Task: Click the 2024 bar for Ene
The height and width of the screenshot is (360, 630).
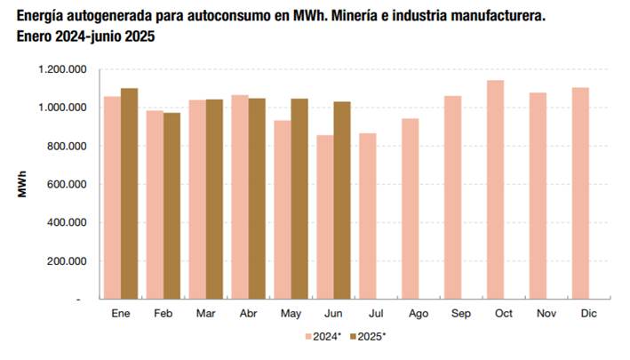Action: click(x=112, y=197)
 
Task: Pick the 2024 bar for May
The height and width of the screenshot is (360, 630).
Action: click(x=283, y=210)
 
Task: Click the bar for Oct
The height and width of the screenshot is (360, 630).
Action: click(x=495, y=189)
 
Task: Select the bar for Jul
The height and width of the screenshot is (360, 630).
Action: click(x=368, y=216)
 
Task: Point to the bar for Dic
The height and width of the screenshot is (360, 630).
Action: click(x=580, y=193)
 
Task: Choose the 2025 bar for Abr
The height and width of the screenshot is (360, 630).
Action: click(x=257, y=198)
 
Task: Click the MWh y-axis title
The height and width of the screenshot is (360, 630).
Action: click(x=23, y=183)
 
